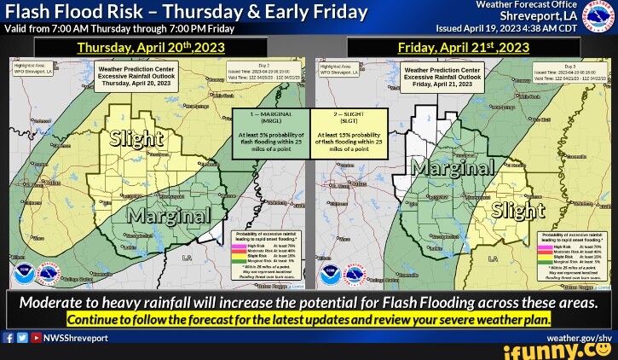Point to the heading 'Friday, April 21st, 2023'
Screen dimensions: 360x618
(x=464, y=48)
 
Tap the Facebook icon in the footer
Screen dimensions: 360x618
(x=8, y=338)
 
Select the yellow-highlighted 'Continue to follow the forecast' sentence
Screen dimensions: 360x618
(x=309, y=319)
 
